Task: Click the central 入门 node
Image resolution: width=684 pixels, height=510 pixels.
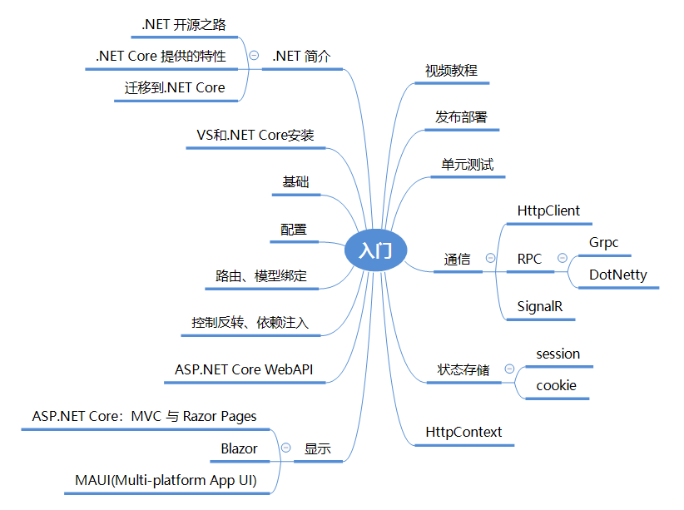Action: [x=375, y=250]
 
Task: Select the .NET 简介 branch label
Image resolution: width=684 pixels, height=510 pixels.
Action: [x=301, y=57]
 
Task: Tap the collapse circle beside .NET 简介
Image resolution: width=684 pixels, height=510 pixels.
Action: [x=254, y=56]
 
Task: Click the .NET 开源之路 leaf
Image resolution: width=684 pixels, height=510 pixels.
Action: [x=184, y=25]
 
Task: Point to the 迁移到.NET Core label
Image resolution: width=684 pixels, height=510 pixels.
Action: [x=175, y=87]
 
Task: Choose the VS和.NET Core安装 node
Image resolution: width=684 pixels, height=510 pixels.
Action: [x=255, y=136]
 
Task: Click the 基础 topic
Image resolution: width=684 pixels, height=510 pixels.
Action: [x=295, y=182]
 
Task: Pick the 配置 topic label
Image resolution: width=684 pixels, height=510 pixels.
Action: [x=294, y=230]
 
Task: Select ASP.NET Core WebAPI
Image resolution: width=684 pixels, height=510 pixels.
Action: [x=244, y=369]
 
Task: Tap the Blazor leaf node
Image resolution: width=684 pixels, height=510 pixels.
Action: [x=239, y=448]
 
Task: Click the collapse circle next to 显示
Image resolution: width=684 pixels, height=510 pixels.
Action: [x=286, y=448]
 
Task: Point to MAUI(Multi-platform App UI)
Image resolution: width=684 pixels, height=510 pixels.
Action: [x=166, y=480]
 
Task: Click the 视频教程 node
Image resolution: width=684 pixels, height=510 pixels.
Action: [x=452, y=71]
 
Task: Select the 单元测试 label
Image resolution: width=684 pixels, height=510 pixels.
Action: [x=467, y=165]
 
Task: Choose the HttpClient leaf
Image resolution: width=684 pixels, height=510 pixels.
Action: [x=548, y=211]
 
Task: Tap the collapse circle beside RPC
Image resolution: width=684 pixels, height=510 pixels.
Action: [x=563, y=258]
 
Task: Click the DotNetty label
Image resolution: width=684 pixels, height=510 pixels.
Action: [x=618, y=275]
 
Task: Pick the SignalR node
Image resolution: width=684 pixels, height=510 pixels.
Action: [x=540, y=307]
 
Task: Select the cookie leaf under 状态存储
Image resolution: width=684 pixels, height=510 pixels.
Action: [x=556, y=386]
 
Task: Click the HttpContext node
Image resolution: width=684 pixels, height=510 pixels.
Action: [x=463, y=432]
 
